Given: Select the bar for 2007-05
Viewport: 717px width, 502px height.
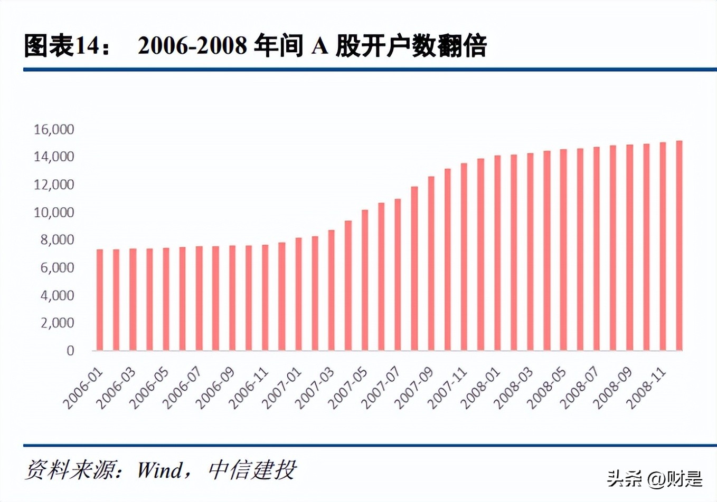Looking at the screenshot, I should click(x=365, y=280).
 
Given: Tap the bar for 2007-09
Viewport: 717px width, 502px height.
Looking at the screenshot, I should click(x=431, y=263).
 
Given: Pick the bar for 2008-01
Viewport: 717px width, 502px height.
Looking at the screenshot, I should click(x=497, y=253).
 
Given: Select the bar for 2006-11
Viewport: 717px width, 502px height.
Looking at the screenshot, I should click(x=265, y=297).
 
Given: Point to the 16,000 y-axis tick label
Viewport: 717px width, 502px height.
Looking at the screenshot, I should click(x=54, y=129).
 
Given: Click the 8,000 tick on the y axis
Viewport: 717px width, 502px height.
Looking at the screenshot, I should click(x=57, y=240).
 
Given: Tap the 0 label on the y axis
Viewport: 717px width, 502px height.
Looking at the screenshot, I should click(x=70, y=351).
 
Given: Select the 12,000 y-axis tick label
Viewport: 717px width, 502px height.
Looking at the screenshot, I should click(x=54, y=185).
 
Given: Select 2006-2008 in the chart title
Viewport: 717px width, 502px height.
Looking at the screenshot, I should click(x=192, y=46).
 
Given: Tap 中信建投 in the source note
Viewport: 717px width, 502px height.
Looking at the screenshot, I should click(x=252, y=470).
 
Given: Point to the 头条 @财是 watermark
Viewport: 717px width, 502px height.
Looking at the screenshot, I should click(x=655, y=478).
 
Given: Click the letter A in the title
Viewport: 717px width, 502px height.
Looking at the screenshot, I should click(x=319, y=46).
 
